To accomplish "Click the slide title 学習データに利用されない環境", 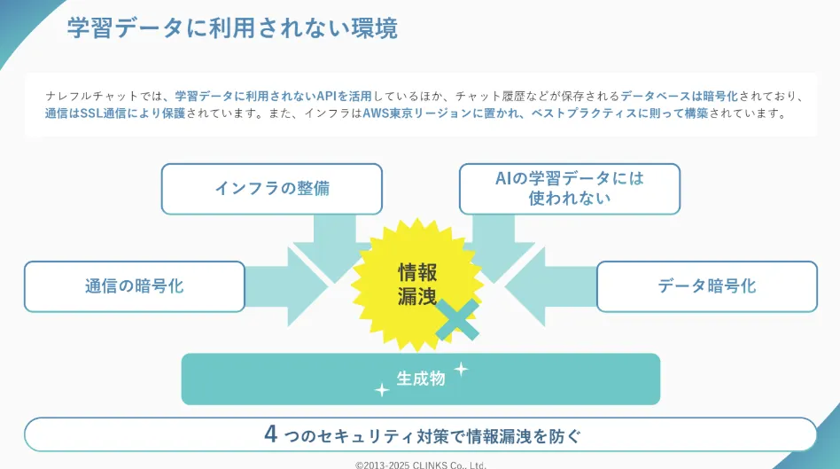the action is pyautogui.click(x=232, y=27).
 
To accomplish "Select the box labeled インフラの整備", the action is pyautogui.click(x=272, y=189).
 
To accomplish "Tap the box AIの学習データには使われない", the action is pyautogui.click(x=570, y=189).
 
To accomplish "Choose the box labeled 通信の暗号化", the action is pyautogui.click(x=135, y=286).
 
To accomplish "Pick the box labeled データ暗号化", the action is pyautogui.click(x=706, y=286).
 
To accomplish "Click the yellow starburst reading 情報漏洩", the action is pyautogui.click(x=417, y=284).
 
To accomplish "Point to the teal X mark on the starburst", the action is pyautogui.click(x=457, y=319).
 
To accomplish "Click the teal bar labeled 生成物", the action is pyautogui.click(x=421, y=379).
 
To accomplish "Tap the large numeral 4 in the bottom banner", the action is pyautogui.click(x=270, y=434).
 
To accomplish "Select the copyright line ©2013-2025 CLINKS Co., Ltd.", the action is pyautogui.click(x=421, y=465).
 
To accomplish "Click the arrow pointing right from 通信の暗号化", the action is pyautogui.click(x=286, y=286).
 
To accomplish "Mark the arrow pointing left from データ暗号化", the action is pyautogui.click(x=551, y=286).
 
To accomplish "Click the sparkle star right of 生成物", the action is pyautogui.click(x=461, y=369).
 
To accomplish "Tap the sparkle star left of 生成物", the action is pyautogui.click(x=381, y=390).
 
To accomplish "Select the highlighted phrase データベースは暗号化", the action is pyautogui.click(x=679, y=96).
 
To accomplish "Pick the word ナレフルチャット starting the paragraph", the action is pyautogui.click(x=91, y=96).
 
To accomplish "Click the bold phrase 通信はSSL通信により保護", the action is pyautogui.click(x=115, y=113).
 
